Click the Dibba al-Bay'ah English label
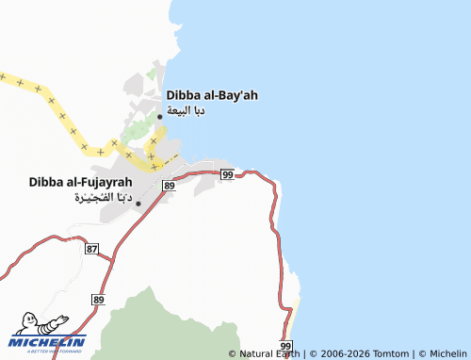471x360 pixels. tap(212, 95)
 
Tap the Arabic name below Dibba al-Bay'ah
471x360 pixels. tap(186, 110)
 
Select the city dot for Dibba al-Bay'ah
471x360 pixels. tap(160, 118)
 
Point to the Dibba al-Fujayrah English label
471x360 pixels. tap(80, 181)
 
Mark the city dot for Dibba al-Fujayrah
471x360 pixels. tap(138, 204)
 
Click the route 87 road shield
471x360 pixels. tap(91, 248)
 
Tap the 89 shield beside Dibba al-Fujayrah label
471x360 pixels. tap(168, 187)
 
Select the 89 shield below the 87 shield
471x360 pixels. tap(98, 298)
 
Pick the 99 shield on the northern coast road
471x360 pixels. tap(227, 174)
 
